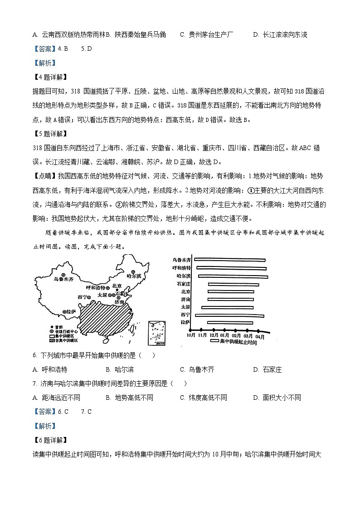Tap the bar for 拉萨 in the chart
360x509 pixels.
pos(230,322)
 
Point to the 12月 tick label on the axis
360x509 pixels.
pos(213,336)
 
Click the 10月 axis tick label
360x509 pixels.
pos(190,336)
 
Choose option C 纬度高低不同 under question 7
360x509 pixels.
pos(203,398)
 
